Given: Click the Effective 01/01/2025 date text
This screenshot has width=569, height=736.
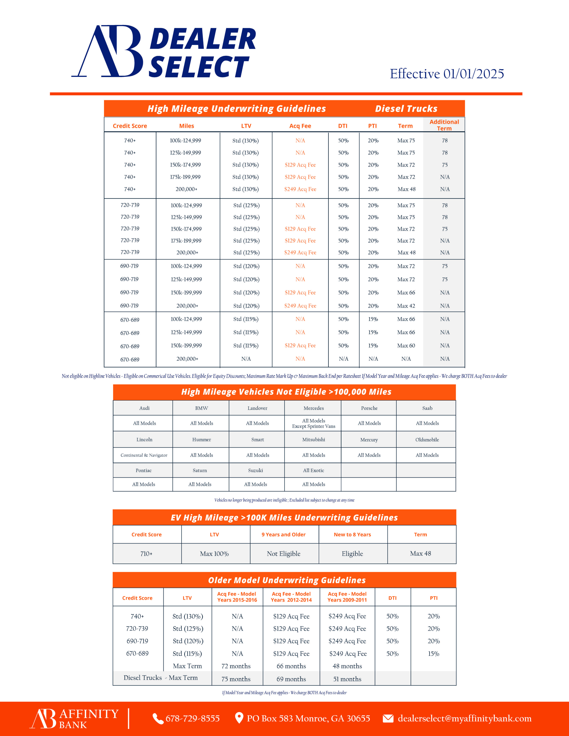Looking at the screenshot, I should coord(447,74).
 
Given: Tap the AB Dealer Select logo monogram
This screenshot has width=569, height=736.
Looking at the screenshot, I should coord(107,51).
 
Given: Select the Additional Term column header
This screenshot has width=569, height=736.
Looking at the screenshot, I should coord(444,125).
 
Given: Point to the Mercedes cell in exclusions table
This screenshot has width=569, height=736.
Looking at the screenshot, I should coord(314,408).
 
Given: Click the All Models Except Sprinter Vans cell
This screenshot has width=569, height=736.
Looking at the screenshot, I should coord(314,423).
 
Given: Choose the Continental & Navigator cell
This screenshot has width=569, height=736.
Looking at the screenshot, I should coord(144,455).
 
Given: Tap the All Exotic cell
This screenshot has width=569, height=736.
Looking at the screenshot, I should coord(314,470).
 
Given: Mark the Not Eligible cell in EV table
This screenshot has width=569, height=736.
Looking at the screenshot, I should coord(283,554).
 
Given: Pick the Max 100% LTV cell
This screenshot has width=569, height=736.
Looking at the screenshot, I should coord(214,554).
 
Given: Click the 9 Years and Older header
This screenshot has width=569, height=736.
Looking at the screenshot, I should coord(283,535).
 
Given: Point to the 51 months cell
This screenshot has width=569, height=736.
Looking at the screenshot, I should coord(347,679).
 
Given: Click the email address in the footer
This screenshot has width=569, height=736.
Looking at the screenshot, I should coord(464,719).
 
